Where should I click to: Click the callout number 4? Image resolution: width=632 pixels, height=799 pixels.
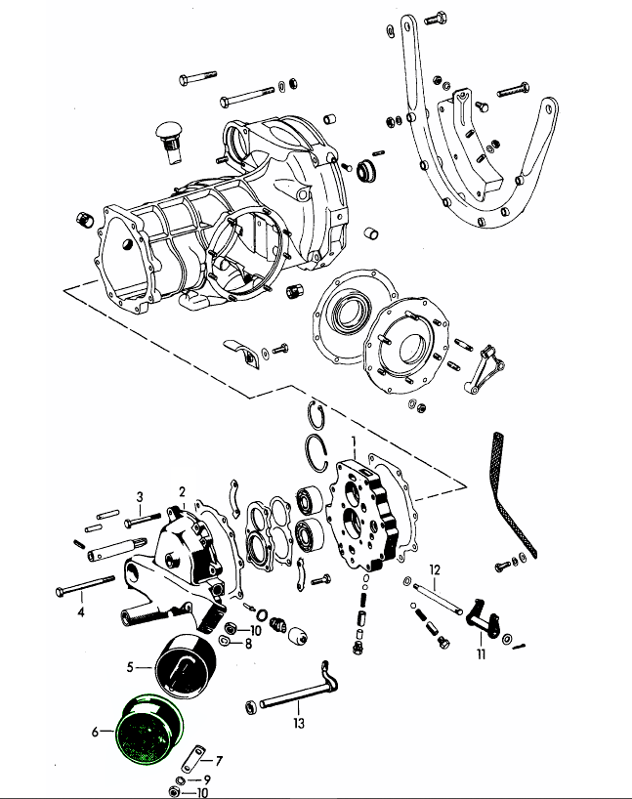[81, 613]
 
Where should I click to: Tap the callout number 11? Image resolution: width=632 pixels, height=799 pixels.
[481, 654]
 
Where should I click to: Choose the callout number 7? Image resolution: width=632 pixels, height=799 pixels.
[219, 760]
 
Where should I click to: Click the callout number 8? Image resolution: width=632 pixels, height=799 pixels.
[248, 644]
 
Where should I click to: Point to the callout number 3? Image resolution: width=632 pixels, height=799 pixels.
[140, 496]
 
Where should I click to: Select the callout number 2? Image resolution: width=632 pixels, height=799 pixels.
[182, 490]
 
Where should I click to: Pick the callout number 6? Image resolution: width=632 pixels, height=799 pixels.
[95, 731]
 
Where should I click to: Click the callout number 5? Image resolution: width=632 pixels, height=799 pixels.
[129, 668]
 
